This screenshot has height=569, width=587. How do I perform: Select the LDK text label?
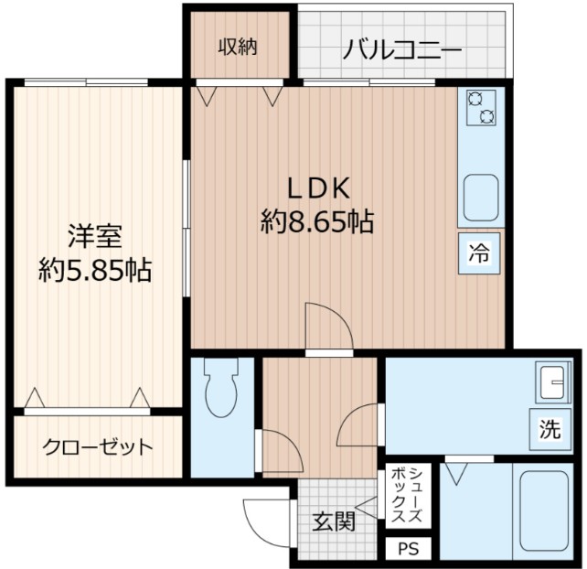point(320,188)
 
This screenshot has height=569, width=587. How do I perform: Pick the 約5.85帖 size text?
point(95,269)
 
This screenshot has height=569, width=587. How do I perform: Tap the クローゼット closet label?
point(97,447)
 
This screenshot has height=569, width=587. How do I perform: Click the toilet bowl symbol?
point(221,394)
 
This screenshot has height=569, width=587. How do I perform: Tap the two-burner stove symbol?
point(480,108)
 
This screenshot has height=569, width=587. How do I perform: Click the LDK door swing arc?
point(327,325)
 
